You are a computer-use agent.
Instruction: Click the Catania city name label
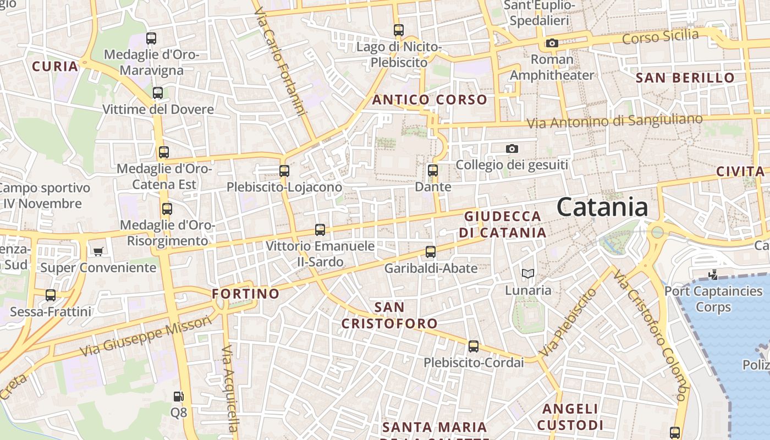click(x=602, y=207)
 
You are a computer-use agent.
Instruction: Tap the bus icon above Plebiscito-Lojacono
click(x=284, y=170)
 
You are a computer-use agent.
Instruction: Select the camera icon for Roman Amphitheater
click(x=552, y=43)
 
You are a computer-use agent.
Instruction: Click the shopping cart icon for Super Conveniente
click(x=98, y=251)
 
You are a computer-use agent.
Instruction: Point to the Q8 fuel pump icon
click(x=178, y=396)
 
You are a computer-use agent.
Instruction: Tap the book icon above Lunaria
click(x=527, y=273)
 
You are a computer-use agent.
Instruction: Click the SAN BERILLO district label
click(x=685, y=78)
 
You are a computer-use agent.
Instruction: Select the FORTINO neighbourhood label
click(x=246, y=294)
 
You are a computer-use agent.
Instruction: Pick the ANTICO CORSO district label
click(x=430, y=100)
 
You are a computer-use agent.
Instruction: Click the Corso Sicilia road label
click(x=660, y=37)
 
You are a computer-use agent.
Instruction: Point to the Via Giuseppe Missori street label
click(x=146, y=335)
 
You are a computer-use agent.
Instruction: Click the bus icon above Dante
click(x=433, y=170)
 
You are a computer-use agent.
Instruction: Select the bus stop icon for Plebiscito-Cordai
click(x=473, y=346)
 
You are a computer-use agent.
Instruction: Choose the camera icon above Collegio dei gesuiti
click(x=512, y=148)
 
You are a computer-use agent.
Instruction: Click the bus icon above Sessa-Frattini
click(x=51, y=295)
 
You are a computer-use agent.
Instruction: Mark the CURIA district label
click(x=55, y=67)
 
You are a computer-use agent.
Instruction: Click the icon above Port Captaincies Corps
click(x=713, y=274)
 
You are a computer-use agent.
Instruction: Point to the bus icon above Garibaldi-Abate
click(x=430, y=252)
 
